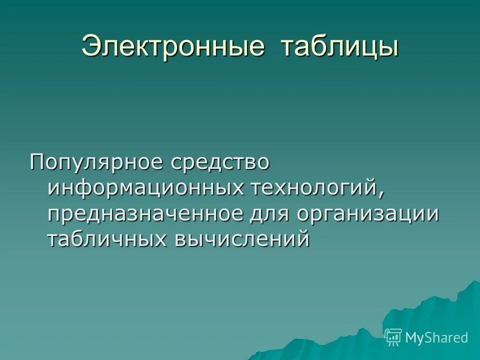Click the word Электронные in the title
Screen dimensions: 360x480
[x=172, y=47]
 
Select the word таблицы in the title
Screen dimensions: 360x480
[x=339, y=47]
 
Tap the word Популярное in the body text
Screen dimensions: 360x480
[x=97, y=163]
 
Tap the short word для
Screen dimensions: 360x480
[x=270, y=213]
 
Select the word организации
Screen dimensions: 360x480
[x=368, y=213]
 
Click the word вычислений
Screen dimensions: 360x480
[x=242, y=239]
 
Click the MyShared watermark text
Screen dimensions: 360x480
[x=436, y=337]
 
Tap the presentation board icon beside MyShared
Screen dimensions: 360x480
[x=393, y=337]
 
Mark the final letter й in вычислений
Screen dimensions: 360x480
[x=303, y=238]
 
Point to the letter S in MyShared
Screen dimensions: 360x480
[x=426, y=337]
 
